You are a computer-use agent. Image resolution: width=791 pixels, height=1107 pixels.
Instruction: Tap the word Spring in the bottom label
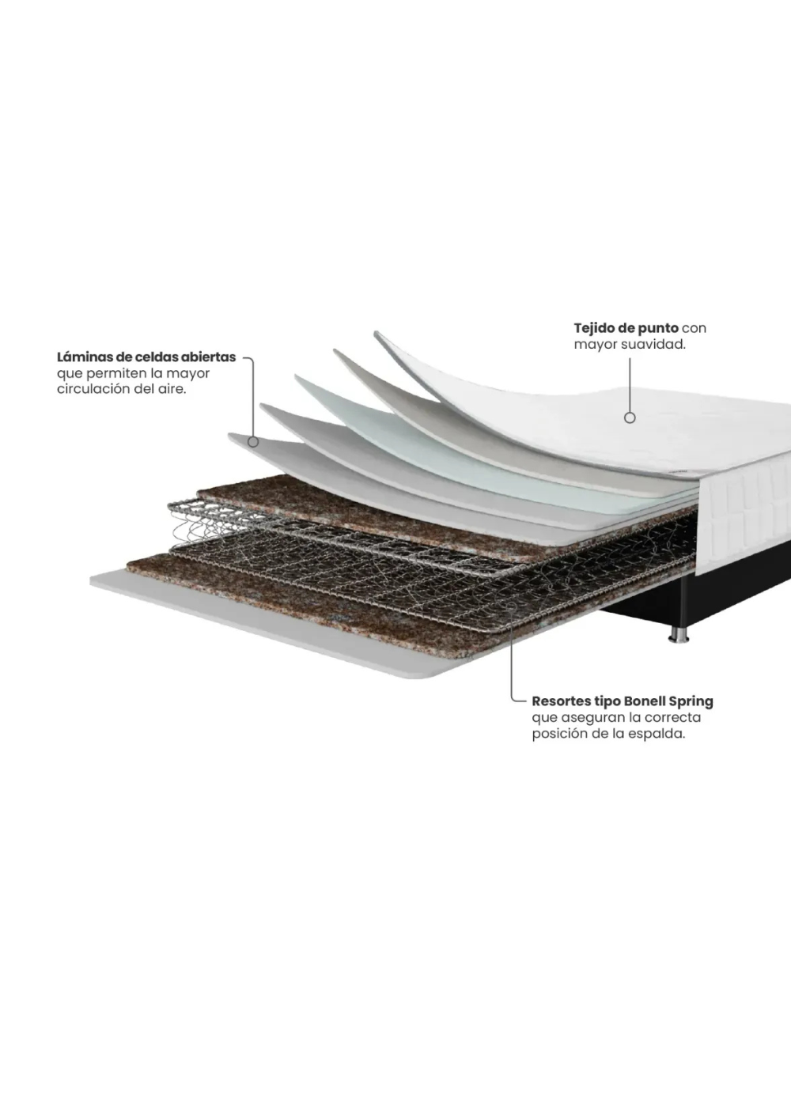(691, 701)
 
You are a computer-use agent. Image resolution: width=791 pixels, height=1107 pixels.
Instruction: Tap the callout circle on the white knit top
(630, 417)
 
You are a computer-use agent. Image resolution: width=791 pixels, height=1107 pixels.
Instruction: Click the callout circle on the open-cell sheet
(253, 442)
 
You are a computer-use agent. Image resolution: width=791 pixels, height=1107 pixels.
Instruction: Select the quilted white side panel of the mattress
(744, 514)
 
